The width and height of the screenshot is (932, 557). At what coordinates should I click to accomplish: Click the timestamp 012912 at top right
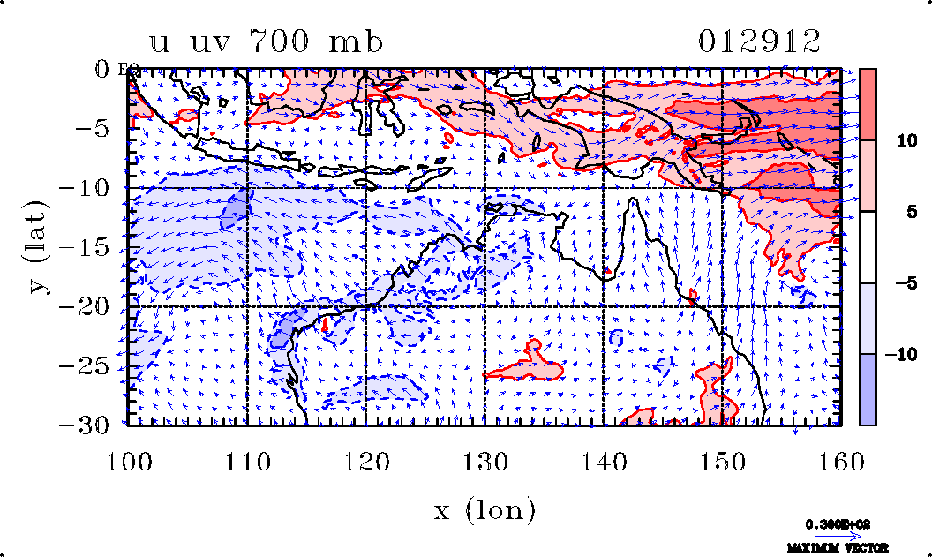point(759,41)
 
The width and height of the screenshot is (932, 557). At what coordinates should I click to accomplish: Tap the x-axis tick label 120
point(365,461)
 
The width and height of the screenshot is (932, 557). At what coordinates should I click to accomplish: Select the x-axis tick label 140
point(603,461)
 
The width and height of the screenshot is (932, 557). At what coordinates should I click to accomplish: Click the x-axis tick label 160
point(839,461)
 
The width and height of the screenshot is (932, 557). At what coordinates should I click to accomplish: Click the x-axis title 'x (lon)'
point(484,510)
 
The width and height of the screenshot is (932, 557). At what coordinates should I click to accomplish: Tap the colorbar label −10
point(904,355)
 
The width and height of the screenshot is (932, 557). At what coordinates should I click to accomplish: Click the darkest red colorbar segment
point(868,104)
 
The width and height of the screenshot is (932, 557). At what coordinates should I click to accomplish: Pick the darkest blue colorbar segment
point(868,389)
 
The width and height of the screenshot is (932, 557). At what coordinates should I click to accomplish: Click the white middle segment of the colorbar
point(868,247)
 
